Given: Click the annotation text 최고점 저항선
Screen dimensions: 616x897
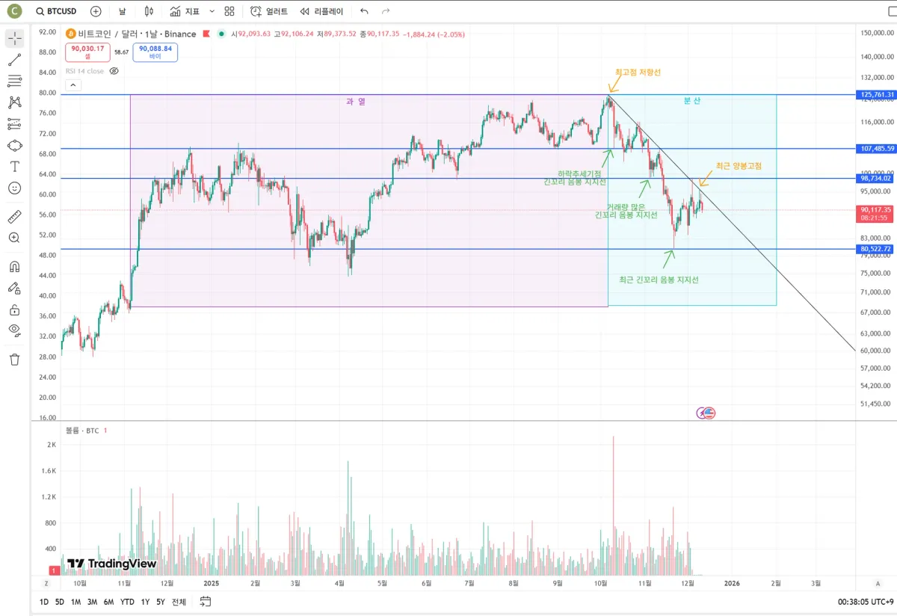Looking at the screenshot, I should click(x=638, y=73).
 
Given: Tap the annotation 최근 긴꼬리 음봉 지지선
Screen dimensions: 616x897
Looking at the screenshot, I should click(x=659, y=280).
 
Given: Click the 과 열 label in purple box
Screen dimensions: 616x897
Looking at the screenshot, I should click(x=356, y=101).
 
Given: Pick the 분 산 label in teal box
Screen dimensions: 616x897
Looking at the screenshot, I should click(x=692, y=101).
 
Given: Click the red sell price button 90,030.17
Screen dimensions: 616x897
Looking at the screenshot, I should click(x=87, y=52).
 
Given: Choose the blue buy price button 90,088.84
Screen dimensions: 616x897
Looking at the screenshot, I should click(x=155, y=52).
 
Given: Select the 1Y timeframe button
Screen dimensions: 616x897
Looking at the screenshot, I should click(x=145, y=602).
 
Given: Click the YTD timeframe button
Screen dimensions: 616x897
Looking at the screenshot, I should click(x=127, y=602).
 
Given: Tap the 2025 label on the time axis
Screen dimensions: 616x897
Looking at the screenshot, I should click(x=211, y=583).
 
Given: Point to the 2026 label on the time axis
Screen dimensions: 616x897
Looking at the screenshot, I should click(x=732, y=583).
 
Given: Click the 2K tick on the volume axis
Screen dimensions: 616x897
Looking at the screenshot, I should click(x=51, y=445).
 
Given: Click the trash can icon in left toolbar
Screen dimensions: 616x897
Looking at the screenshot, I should click(x=14, y=360).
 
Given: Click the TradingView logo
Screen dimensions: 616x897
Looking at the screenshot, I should click(x=111, y=564).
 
